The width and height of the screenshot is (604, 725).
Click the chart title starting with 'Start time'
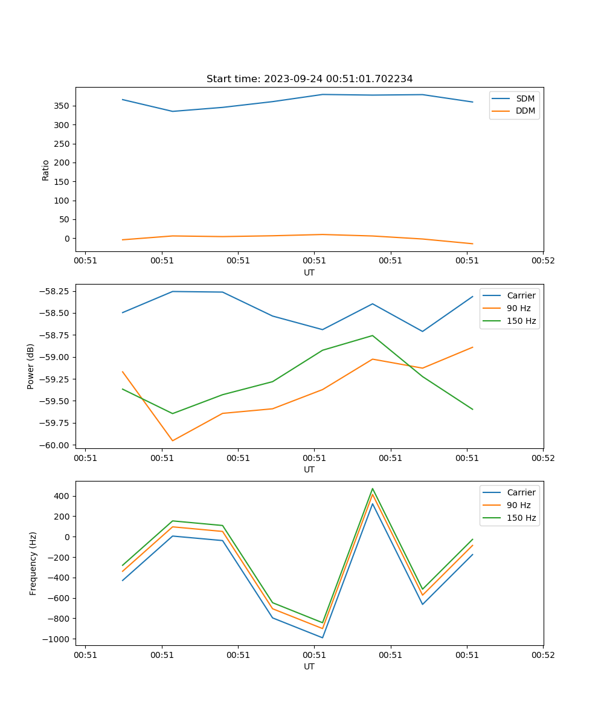[309, 79]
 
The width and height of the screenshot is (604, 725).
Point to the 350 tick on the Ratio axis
[62, 106]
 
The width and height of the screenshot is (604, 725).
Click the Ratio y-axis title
[46, 170]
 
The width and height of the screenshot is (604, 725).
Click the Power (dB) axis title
[31, 366]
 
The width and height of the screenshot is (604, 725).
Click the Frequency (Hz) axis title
[33, 563]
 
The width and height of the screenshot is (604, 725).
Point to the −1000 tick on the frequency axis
[55, 639]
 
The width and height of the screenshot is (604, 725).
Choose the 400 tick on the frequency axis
[61, 496]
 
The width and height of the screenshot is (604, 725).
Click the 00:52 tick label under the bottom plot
[543, 654]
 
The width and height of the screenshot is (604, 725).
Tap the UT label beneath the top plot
[309, 272]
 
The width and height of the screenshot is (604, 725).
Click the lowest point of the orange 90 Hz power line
[173, 440]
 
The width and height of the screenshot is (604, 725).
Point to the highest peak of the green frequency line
[373, 488]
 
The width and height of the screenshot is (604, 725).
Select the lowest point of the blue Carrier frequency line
[323, 637]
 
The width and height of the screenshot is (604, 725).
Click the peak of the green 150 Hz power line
[373, 335]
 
